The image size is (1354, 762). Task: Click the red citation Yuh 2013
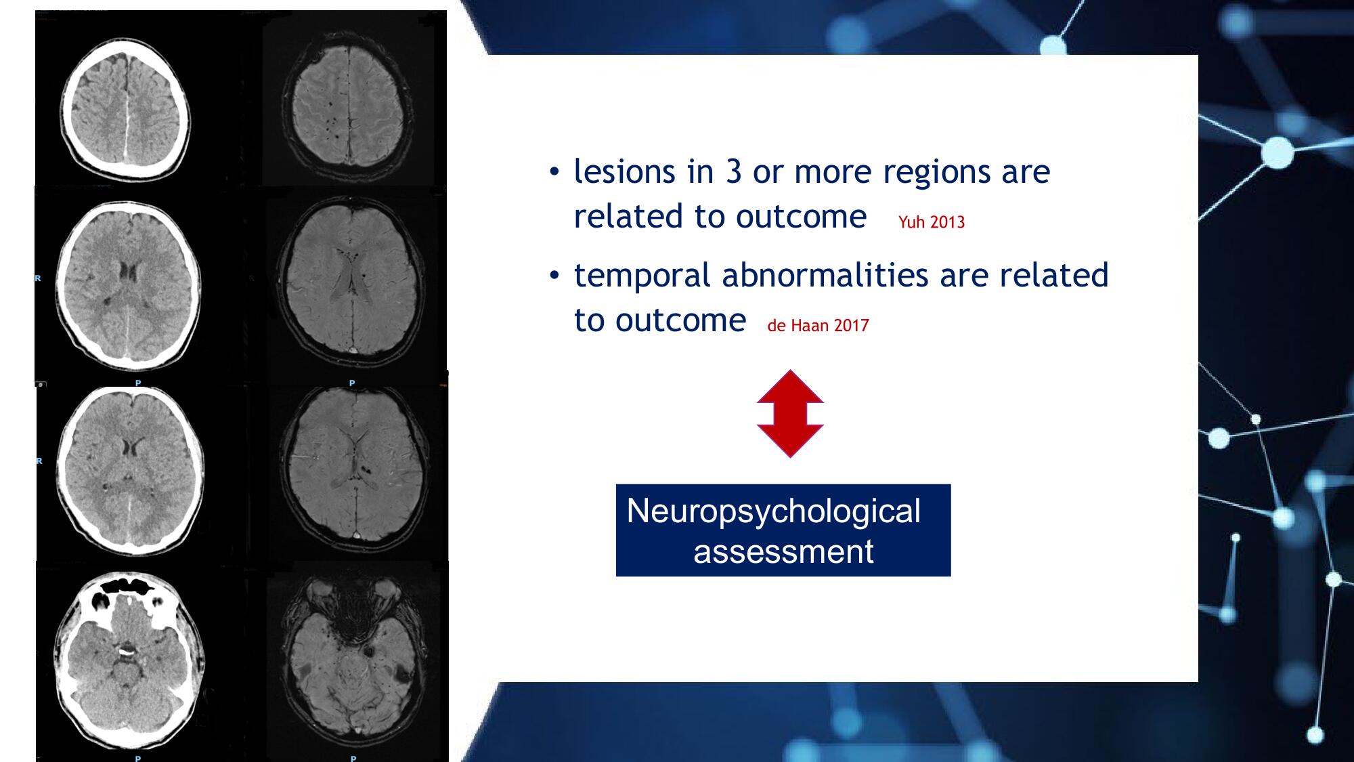(x=932, y=222)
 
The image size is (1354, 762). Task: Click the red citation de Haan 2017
(x=818, y=326)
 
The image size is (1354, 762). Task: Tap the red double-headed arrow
(x=790, y=413)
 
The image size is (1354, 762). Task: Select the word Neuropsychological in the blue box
(x=773, y=512)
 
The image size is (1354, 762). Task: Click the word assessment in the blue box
(x=783, y=551)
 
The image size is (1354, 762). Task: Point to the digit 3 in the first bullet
(x=734, y=171)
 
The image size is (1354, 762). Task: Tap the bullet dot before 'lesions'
(x=554, y=172)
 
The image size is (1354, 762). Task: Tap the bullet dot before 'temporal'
(x=554, y=276)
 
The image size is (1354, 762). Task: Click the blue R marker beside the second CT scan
(x=39, y=278)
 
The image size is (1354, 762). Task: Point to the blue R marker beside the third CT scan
(x=39, y=461)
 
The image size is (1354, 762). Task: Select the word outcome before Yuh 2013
(x=801, y=217)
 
